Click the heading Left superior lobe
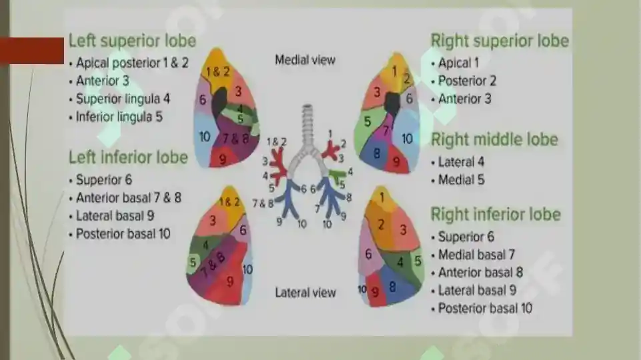133,41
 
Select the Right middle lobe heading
494,140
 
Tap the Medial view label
305,60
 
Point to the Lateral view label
305,293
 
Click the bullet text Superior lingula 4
123,99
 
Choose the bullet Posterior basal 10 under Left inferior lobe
123,234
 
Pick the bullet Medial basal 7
476,255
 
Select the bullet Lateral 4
461,162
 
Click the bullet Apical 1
458,63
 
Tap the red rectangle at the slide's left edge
32,51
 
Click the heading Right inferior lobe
496,215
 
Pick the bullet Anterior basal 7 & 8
128,198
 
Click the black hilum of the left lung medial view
220,101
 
